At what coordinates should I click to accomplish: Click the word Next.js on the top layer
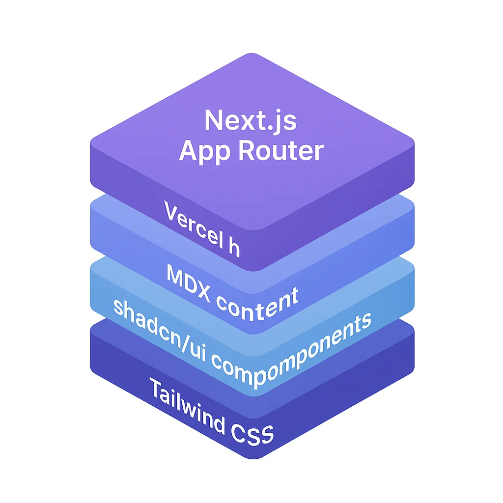point(251,121)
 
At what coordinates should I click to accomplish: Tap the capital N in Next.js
point(214,120)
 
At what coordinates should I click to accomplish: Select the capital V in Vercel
point(171,215)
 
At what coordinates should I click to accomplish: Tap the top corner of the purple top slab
point(251,53)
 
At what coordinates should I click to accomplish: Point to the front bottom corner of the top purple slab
point(251,271)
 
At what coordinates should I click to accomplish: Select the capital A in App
point(189,151)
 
